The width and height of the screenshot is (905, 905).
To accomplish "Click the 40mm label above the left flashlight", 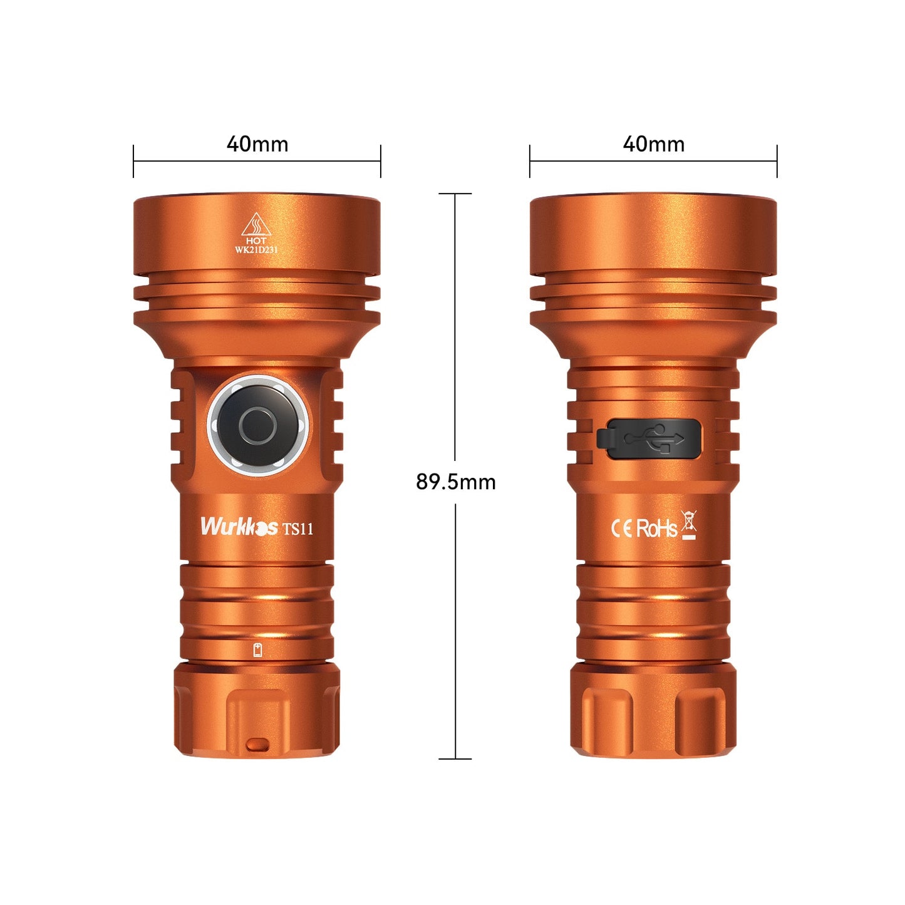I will click(257, 144).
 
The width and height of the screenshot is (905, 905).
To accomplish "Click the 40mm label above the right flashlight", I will click(653, 144).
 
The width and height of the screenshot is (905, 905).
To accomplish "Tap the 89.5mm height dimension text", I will click(455, 482).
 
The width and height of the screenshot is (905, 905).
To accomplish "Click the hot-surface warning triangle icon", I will click(256, 224).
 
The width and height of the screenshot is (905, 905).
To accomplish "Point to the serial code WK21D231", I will click(256, 249).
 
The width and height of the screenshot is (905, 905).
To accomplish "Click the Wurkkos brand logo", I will click(239, 526).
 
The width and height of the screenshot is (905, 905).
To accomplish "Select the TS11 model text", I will click(297, 529).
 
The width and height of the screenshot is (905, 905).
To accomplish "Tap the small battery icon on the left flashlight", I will click(257, 650).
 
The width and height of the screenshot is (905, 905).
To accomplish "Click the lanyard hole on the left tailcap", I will click(257, 745).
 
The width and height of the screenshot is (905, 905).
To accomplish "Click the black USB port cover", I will click(649, 438).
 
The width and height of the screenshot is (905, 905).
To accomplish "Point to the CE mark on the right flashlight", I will click(621, 529).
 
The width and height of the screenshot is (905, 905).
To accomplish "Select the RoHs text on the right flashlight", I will click(656, 529).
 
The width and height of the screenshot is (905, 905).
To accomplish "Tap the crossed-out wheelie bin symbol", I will click(689, 525).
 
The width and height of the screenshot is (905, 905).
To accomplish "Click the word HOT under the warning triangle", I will click(256, 240).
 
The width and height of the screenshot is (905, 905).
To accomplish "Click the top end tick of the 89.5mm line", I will click(455, 194).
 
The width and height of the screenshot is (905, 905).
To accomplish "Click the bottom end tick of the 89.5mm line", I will click(455, 759).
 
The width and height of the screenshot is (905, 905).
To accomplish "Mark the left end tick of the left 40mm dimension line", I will click(133, 161).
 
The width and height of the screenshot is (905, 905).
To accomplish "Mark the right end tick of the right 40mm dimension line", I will click(777, 161).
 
